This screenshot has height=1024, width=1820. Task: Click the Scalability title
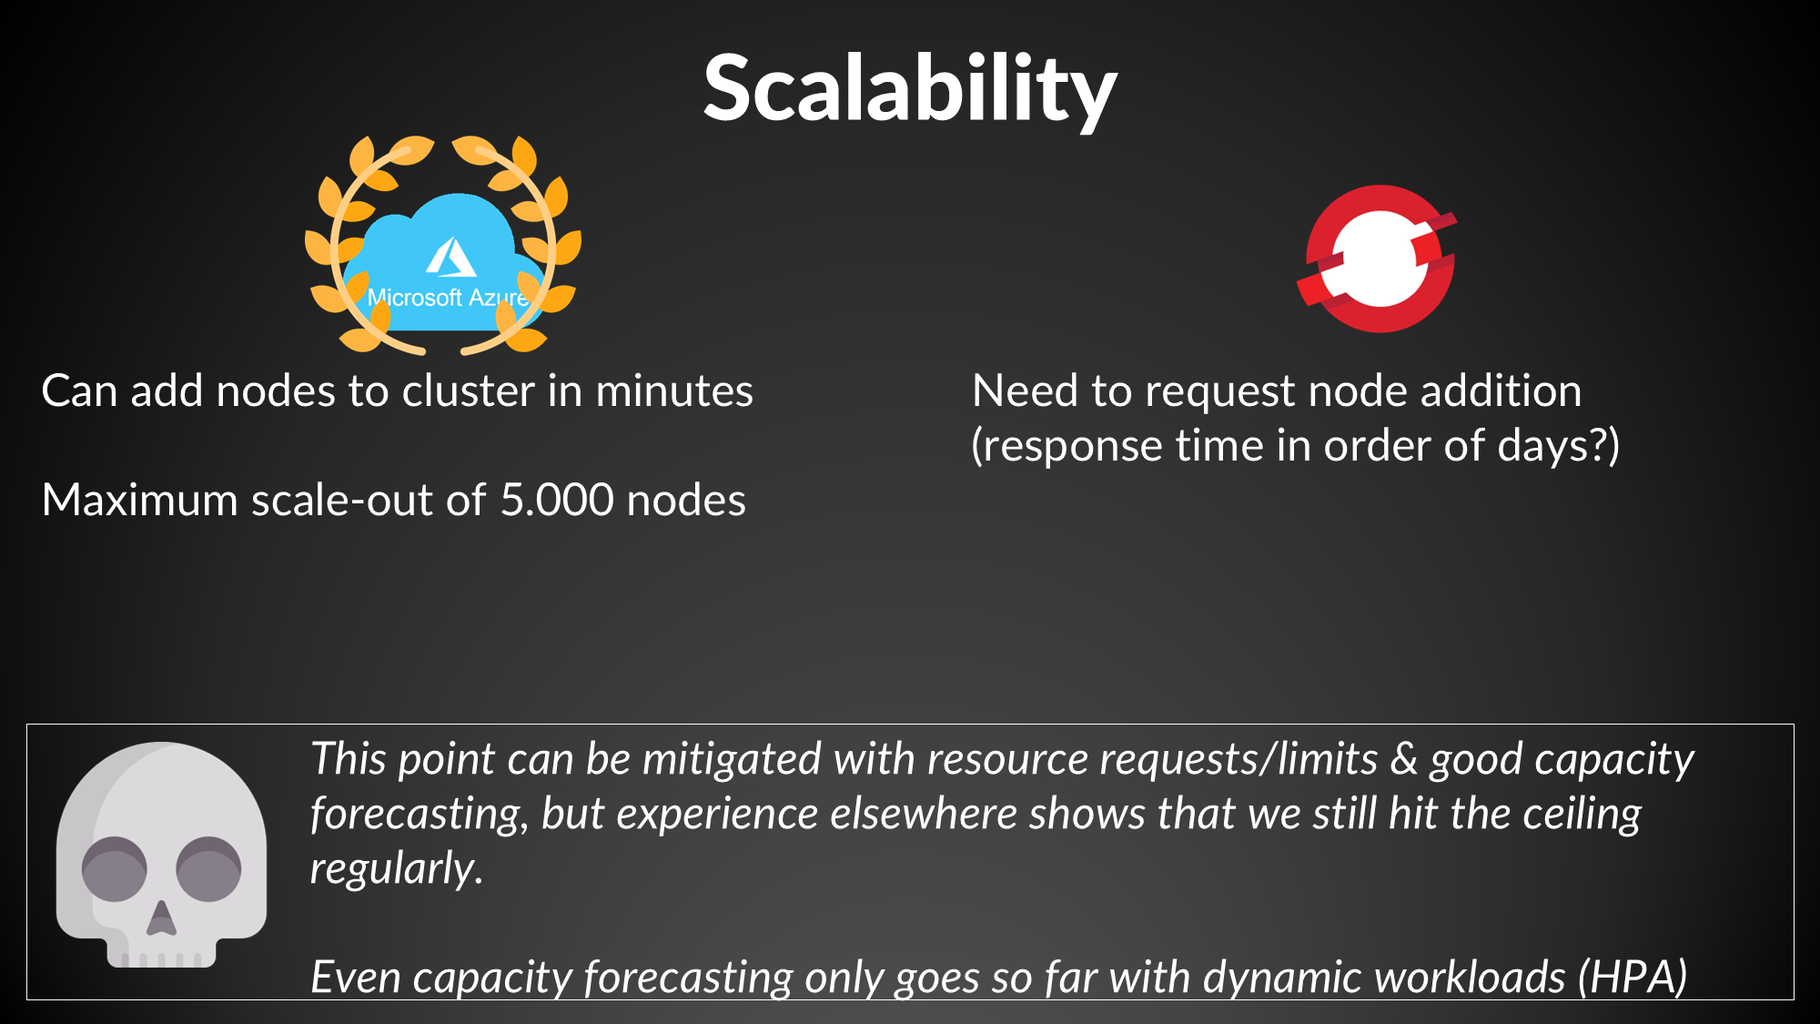[910, 88]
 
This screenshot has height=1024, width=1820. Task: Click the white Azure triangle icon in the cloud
[450, 258]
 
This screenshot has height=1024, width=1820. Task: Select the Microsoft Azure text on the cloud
[447, 298]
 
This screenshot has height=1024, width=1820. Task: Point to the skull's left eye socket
[115, 868]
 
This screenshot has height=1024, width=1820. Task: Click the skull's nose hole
[161, 919]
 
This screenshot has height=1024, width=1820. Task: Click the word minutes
[674, 391]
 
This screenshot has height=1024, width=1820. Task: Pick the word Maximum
[139, 500]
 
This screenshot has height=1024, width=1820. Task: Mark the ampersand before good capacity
[1404, 759]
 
